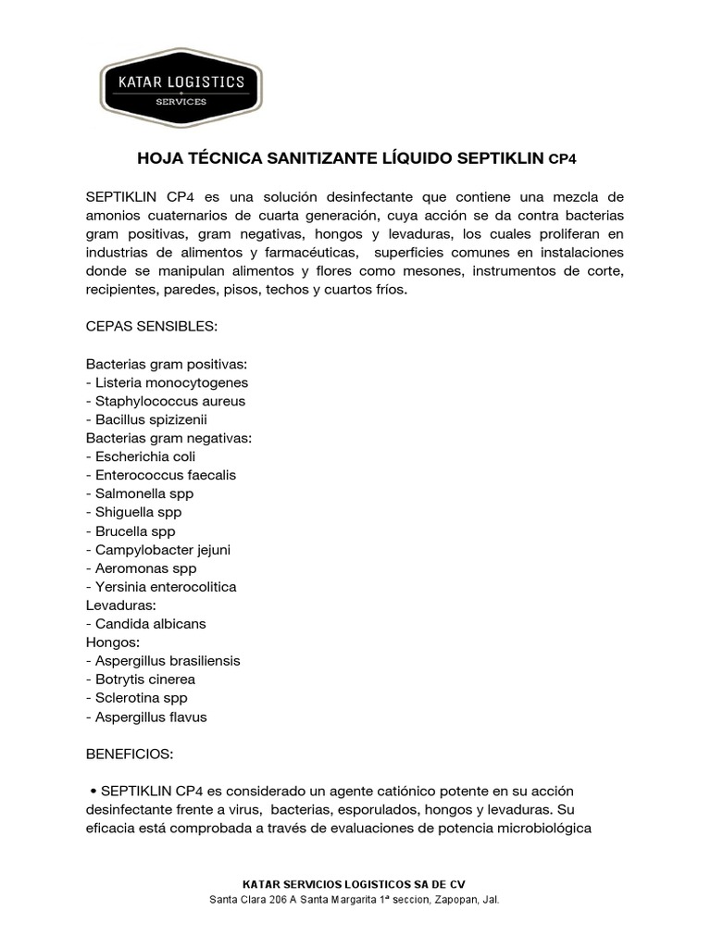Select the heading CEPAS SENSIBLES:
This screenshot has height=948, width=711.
[151, 327]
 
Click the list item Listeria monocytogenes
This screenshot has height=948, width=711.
[168, 382]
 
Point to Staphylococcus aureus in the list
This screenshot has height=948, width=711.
[166, 401]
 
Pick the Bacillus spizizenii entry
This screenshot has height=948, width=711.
[146, 419]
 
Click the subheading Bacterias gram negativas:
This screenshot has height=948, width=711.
[168, 438]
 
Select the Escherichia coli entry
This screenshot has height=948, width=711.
[141, 456]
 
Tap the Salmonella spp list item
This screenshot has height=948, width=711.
[140, 493]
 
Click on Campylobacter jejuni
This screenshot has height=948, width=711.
[158, 550]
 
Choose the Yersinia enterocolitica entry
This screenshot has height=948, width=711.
[161, 587]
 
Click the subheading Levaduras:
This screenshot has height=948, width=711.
[119, 605]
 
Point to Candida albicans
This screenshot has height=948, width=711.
[146, 624]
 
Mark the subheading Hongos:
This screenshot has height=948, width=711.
[112, 642]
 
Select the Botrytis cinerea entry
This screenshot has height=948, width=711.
[140, 680]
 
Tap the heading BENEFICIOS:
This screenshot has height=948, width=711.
[130, 755]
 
